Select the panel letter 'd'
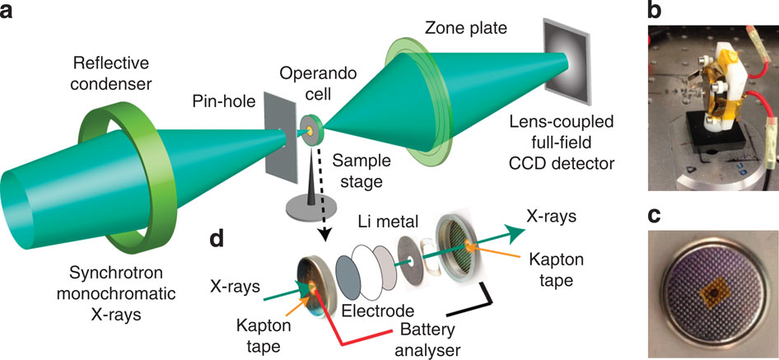click(x=220, y=239)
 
